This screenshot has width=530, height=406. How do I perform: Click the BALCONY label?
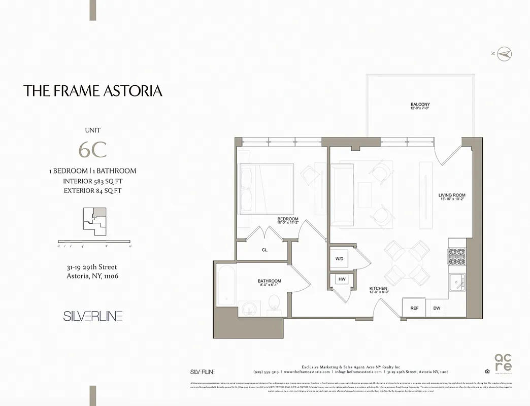420,105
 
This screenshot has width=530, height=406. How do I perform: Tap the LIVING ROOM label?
452,195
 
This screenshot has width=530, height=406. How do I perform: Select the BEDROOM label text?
287,219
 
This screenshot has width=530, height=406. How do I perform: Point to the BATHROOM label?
269,281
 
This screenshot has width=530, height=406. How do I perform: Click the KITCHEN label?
378,289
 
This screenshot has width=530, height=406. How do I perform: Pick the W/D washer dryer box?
340,258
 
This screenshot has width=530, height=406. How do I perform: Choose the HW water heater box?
341,280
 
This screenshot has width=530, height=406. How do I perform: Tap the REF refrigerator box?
414,308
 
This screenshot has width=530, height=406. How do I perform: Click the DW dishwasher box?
437,308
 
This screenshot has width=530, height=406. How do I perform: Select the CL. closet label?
265,250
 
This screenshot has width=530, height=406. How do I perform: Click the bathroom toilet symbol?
273,303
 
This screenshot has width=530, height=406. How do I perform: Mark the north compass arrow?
505,54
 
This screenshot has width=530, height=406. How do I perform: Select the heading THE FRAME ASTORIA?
93,91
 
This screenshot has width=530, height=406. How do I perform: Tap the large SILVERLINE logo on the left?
93,316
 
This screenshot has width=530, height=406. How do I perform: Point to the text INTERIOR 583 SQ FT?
92,181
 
